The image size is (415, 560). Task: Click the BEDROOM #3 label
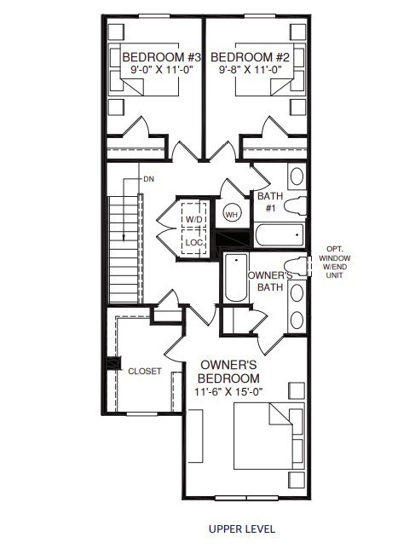pos(153,58)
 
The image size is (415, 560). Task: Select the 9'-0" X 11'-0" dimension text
pos(153,71)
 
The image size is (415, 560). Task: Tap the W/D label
pos(194,220)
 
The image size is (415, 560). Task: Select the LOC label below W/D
pos(194,241)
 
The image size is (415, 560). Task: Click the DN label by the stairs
pos(148,180)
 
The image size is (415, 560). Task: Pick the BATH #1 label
pos(269,202)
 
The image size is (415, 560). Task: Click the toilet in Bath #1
pos(294,205)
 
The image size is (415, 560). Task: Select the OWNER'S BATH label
pos(270,281)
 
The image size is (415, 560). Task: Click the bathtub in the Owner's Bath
pos(235,278)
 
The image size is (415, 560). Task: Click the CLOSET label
pos(144,372)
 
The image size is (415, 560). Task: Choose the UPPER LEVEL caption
pos(242,528)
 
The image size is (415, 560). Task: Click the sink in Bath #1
pos(296,177)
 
